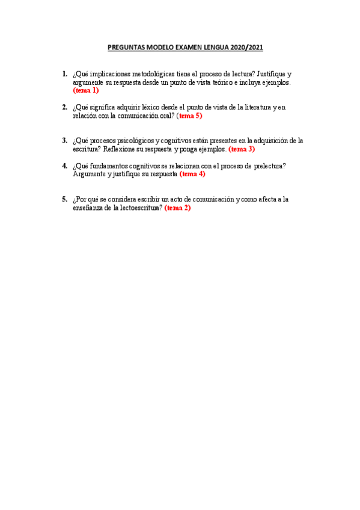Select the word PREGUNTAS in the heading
coord(124,46)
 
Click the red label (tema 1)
coord(85,90)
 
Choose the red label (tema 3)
coord(242,149)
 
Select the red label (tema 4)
coord(192,174)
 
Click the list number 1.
coord(64,74)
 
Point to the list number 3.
coord(64,140)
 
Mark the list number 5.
coord(64,199)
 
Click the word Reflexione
coord(122,149)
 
